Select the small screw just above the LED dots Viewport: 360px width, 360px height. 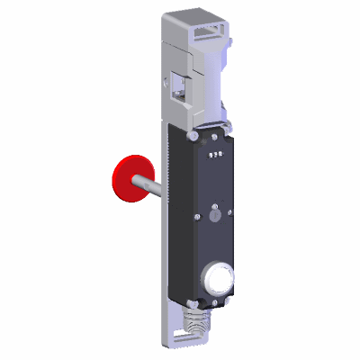point(214,138)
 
